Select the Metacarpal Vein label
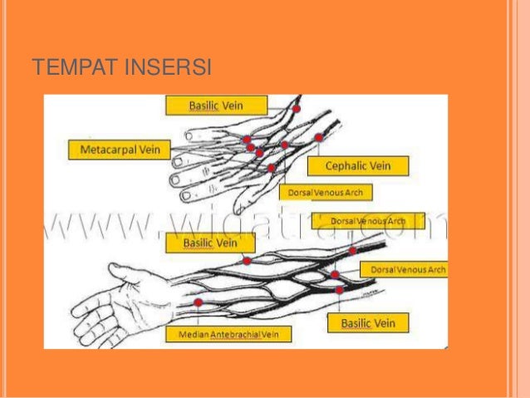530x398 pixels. (x=118, y=150)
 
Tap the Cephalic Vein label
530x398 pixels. (x=358, y=165)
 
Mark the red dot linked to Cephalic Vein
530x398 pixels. (x=319, y=137)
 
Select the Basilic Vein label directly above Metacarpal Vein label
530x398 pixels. (x=216, y=106)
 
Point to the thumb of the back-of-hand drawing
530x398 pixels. (x=243, y=199)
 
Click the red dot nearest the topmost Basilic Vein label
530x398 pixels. (x=297, y=109)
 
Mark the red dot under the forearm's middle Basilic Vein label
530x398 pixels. (x=247, y=261)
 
